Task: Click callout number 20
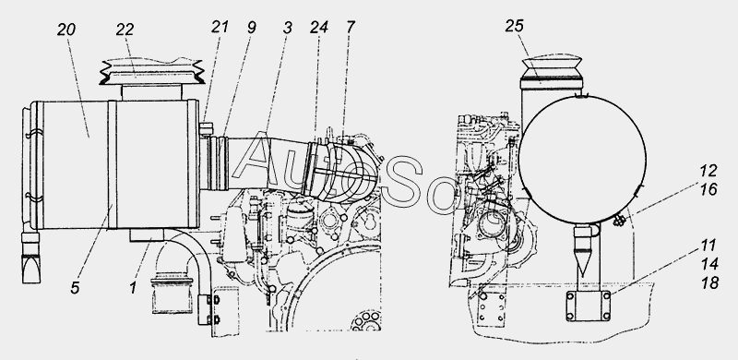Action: [x=66, y=30]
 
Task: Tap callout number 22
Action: [x=125, y=30]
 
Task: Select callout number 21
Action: [x=220, y=27]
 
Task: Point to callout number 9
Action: [x=252, y=28]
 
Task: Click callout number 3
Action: [x=288, y=28]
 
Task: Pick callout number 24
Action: [x=318, y=28]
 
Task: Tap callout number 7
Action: [x=351, y=27]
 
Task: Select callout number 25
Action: [x=515, y=26]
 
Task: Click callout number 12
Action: [x=708, y=171]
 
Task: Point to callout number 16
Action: [x=708, y=189]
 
